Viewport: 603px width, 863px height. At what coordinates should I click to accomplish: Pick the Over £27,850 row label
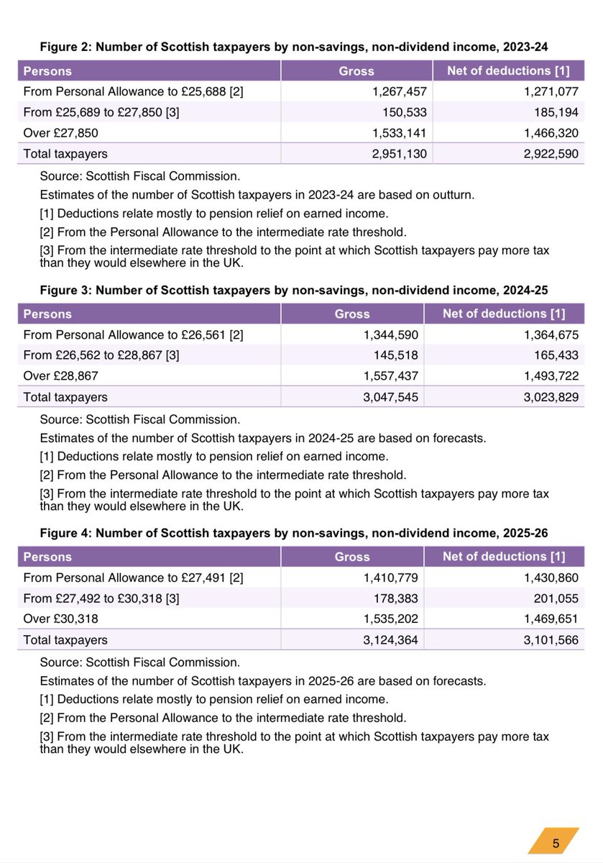tap(61, 133)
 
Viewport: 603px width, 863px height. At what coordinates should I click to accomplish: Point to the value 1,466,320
tap(548, 133)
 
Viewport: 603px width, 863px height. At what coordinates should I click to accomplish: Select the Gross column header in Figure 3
tap(352, 314)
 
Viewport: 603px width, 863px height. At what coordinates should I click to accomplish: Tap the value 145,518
tap(395, 355)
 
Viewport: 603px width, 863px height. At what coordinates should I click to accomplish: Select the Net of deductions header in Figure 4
tap(504, 556)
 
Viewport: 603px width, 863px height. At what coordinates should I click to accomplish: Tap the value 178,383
tap(395, 598)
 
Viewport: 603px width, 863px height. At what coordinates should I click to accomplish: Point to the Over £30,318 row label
tap(61, 618)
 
